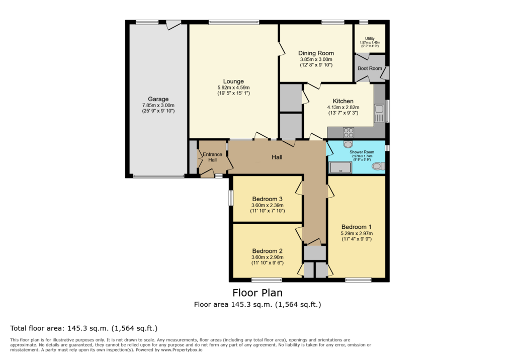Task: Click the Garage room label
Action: point(158,99)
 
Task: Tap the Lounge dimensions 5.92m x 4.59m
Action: point(233,87)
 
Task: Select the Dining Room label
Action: point(316,53)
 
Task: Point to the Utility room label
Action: point(370,38)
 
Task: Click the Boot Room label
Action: point(370,68)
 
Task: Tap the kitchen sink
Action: point(379,113)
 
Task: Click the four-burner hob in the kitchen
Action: point(349,132)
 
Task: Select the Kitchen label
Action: point(343,101)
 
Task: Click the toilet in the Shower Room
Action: point(378,166)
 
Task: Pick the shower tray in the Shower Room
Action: point(340,167)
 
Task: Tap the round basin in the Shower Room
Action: point(348,144)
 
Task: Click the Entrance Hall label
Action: point(213,157)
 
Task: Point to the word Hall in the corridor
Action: point(277,157)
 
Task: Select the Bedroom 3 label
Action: point(268,199)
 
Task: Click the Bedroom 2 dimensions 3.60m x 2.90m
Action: point(268,257)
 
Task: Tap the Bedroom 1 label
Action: point(357,227)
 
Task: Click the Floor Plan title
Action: point(257,293)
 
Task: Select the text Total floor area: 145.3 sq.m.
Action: point(59,328)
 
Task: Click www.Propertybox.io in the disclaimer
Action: point(182,350)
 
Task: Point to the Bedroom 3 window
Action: point(231,198)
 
